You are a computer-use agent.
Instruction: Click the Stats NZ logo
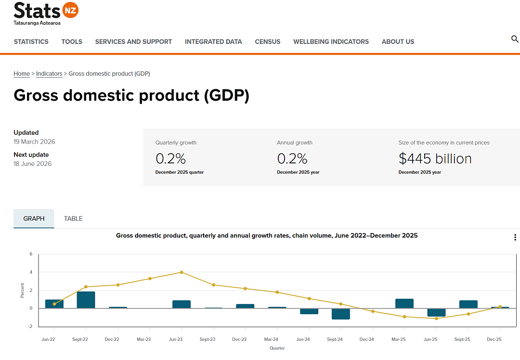(46, 13)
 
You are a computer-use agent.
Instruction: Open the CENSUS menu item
(268, 42)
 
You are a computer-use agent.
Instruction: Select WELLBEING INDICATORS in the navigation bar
(331, 42)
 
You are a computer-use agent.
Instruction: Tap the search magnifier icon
(515, 39)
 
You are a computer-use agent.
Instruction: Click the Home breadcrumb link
(22, 74)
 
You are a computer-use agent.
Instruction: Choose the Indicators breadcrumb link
(49, 74)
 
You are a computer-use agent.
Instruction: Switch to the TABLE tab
(73, 219)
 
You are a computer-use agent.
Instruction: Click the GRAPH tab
(34, 219)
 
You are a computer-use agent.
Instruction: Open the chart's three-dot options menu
(515, 237)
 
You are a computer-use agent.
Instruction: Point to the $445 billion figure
(435, 159)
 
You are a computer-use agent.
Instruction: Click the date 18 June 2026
(33, 163)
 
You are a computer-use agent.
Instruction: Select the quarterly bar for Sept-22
(86, 300)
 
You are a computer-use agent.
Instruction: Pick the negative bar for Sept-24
(341, 314)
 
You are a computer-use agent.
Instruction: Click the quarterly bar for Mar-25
(404, 304)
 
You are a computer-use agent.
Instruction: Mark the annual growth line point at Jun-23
(182, 272)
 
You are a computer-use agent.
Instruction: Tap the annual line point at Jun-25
(436, 319)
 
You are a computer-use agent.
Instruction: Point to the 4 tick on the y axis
(31, 272)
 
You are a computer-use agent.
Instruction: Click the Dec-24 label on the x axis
(366, 339)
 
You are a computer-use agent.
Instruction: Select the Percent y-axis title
(22, 290)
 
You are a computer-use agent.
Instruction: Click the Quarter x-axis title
(277, 348)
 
